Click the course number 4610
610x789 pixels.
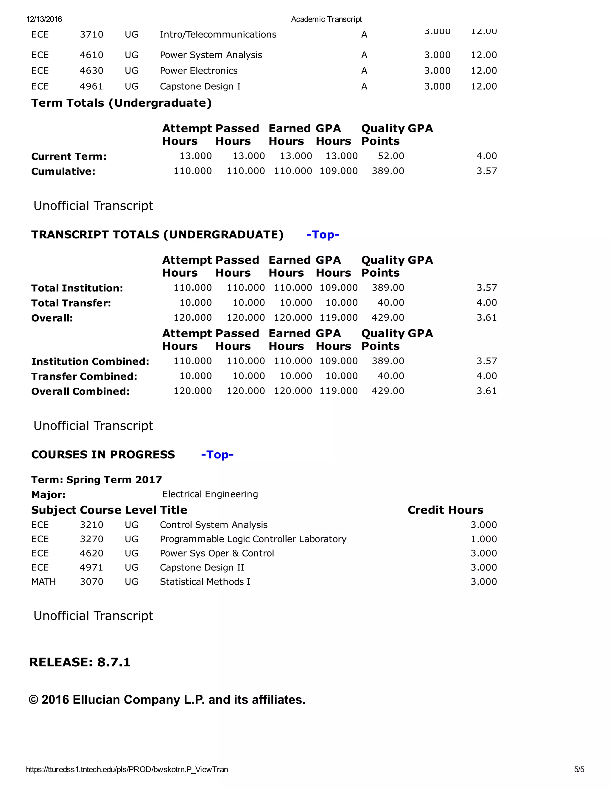tap(91, 55)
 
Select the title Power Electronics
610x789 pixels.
tap(198, 71)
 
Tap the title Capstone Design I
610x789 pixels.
tap(200, 86)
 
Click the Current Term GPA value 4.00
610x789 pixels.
tap(486, 156)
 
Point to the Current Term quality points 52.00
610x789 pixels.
tap(391, 156)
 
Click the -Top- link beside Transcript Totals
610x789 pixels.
tap(323, 235)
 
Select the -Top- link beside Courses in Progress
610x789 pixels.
tap(217, 455)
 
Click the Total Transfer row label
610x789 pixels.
tap(71, 303)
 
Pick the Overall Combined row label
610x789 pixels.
tap(80, 392)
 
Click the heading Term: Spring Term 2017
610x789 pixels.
tap(97, 480)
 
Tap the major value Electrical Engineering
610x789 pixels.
tap(210, 494)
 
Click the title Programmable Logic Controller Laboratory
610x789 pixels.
tap(253, 539)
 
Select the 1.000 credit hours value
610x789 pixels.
tap(483, 539)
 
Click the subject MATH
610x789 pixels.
tap(43, 582)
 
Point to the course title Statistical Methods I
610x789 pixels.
tap(205, 582)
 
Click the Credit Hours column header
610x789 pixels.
tap(445, 510)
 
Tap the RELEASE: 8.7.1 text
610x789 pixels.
tap(80, 662)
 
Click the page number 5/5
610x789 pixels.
tap(579, 769)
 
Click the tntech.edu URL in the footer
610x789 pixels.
tap(127, 769)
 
